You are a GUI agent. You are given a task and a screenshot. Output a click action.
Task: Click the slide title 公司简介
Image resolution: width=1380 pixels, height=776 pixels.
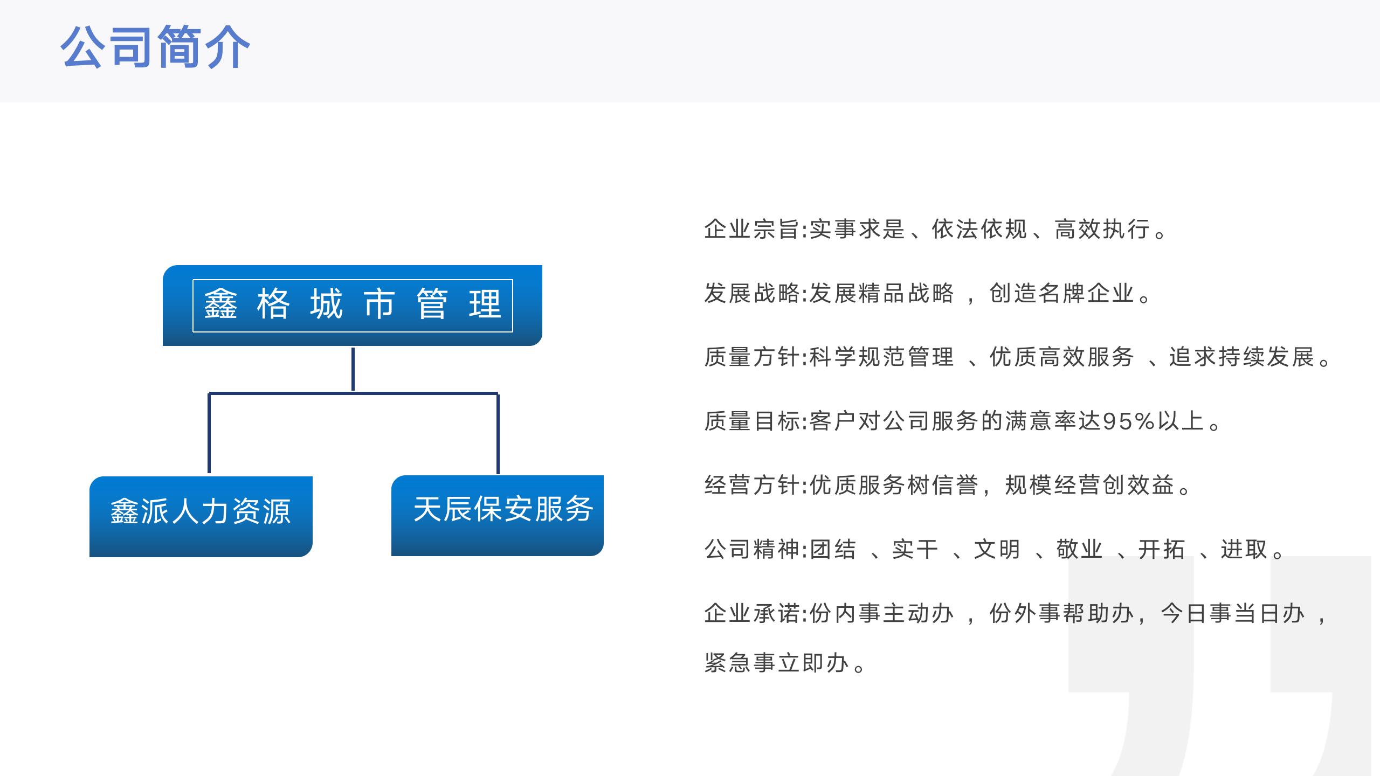click(x=155, y=47)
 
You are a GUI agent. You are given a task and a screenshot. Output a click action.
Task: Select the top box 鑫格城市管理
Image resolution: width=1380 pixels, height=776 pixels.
click(x=353, y=306)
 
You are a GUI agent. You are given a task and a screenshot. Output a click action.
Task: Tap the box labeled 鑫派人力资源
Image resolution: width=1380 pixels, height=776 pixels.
click(x=201, y=517)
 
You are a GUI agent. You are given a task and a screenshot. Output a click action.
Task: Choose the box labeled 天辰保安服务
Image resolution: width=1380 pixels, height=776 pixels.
click(x=498, y=516)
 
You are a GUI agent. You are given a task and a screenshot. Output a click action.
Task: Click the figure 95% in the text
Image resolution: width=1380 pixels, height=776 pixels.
click(x=1129, y=421)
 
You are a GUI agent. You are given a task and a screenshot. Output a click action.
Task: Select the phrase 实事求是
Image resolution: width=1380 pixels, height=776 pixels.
click(x=857, y=229)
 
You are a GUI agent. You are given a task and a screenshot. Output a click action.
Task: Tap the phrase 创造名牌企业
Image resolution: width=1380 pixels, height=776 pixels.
click(x=1061, y=293)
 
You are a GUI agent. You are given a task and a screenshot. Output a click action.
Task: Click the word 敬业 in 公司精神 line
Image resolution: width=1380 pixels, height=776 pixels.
click(x=1079, y=549)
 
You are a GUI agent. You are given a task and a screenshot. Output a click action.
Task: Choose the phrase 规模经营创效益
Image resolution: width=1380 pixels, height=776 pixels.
click(x=1089, y=485)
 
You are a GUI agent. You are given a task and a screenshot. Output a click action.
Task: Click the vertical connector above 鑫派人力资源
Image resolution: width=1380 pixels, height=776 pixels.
click(x=209, y=434)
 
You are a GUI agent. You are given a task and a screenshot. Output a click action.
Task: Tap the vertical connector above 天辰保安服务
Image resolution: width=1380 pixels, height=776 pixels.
click(x=498, y=434)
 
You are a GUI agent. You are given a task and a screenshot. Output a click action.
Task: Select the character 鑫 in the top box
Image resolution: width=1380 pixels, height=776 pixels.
click(x=220, y=304)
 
